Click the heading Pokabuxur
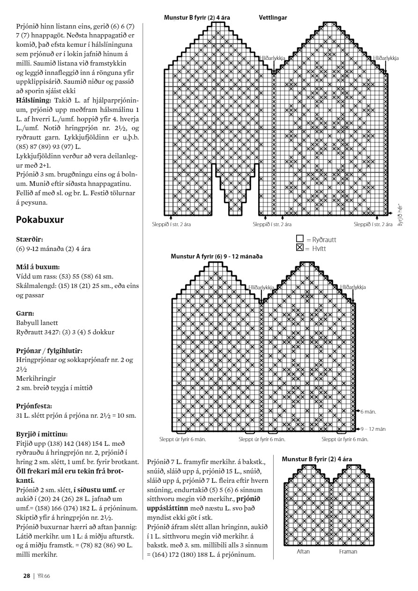40,220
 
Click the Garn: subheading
25,313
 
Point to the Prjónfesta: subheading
34,406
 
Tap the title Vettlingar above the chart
273,18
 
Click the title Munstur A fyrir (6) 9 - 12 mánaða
216,257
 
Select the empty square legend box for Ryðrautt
300,238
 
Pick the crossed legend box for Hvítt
300,247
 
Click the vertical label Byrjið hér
400,214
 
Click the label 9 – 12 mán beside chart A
373,428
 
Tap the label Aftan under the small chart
303,551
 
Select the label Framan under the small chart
348,551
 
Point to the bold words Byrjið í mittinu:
41,434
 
